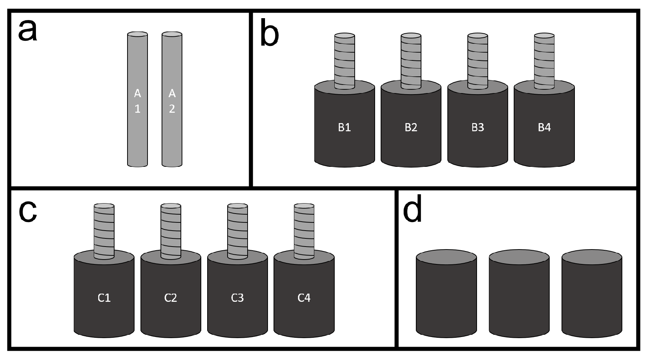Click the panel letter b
coord(269,36)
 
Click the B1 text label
coord(344,128)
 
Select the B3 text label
coord(477,128)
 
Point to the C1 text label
coord(104,298)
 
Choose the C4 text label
coord(304,298)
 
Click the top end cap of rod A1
coord(138,34)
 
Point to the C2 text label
coord(170,298)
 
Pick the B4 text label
coord(544,128)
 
